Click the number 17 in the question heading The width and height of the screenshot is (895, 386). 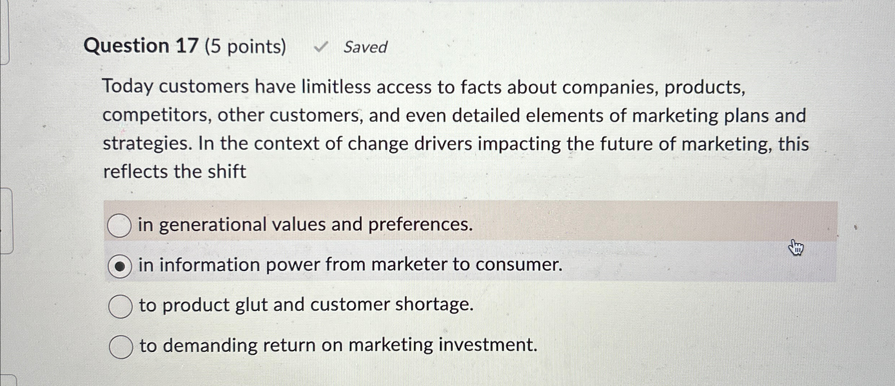pos(187,46)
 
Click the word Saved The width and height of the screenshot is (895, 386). pos(365,47)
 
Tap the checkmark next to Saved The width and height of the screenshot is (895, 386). pos(321,47)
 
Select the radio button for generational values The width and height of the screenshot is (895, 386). pos(119,226)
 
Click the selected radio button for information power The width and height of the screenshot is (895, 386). pos(120,266)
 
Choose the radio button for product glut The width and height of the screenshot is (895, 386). pos(120,306)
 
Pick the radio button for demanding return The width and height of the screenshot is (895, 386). pos(121,347)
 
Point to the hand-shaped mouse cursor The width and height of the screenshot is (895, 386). pos(796,248)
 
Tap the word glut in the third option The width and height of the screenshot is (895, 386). pos(251,305)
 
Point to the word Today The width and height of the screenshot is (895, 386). pos(128,87)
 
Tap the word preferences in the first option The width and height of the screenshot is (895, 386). pos(420,225)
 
